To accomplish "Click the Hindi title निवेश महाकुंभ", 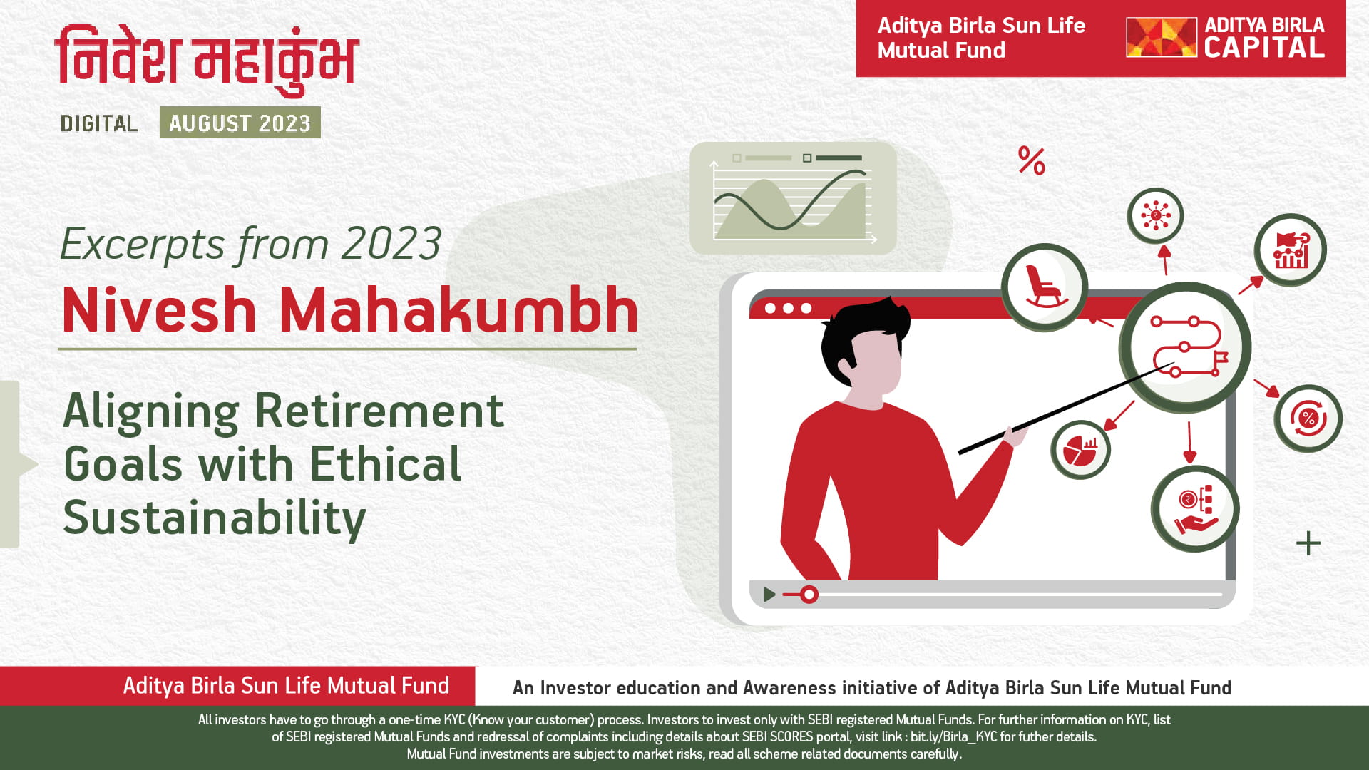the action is pyautogui.click(x=207, y=61).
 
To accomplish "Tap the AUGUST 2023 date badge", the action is pyautogui.click(x=240, y=123).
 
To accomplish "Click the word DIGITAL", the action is pyautogui.click(x=99, y=123).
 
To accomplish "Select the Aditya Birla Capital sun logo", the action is pyautogui.click(x=1161, y=38).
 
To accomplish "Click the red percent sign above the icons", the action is pyautogui.click(x=1032, y=161).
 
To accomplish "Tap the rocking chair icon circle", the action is pyautogui.click(x=1045, y=287).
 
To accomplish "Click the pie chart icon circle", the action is pyautogui.click(x=1080, y=450).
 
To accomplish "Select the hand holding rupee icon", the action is pyautogui.click(x=1195, y=509).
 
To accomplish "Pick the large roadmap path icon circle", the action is pyautogui.click(x=1185, y=347).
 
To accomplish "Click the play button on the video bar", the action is pyautogui.click(x=769, y=595).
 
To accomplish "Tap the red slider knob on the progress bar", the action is pyautogui.click(x=809, y=595).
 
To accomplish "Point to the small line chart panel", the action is pyautogui.click(x=793, y=198).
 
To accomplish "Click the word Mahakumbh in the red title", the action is pyautogui.click(x=458, y=310).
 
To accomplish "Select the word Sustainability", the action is pyautogui.click(x=215, y=518).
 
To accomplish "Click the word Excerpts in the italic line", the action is pyautogui.click(x=143, y=244).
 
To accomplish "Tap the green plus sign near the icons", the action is pyautogui.click(x=1308, y=543).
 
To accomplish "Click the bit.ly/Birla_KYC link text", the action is pyautogui.click(x=953, y=737).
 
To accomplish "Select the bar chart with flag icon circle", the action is pyautogui.click(x=1291, y=250).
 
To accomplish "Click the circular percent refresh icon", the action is pyautogui.click(x=1308, y=419).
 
